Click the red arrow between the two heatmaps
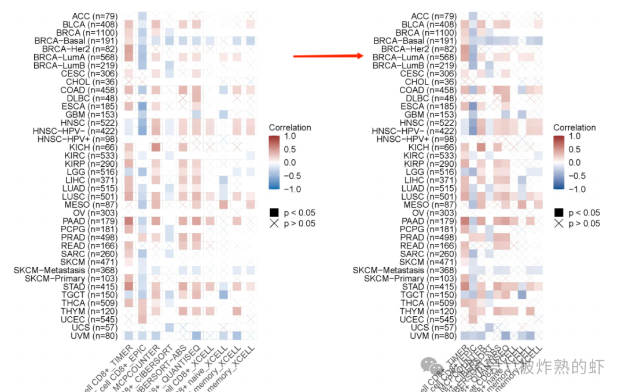pyautogui.click(x=328, y=56)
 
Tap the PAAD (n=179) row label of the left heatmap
pyautogui.click(x=90, y=221)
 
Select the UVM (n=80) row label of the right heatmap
pyautogui.click(x=429, y=336)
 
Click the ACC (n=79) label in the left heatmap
pyautogui.click(x=94, y=16)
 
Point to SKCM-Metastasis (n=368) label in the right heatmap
pyautogui.click(x=405, y=270)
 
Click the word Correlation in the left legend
pyautogui.click(x=290, y=127)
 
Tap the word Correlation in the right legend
pyautogui.click(x=574, y=127)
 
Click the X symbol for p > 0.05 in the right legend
pyautogui.click(x=558, y=224)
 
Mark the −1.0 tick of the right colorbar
pyautogui.click(x=579, y=189)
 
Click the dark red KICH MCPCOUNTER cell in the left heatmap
pyautogui.click(x=156, y=148)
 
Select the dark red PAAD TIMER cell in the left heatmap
pyautogui.click(x=128, y=221)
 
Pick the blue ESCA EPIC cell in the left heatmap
pyautogui.click(x=142, y=107)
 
